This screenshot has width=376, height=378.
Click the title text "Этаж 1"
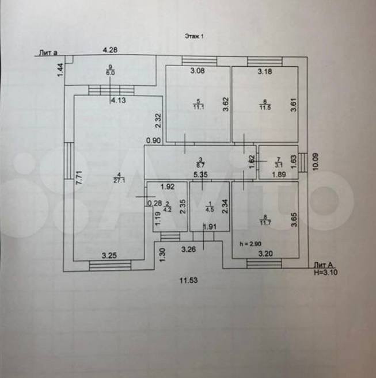(194, 36)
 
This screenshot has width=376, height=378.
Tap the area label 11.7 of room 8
(264, 223)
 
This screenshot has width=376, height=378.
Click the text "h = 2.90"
(250, 244)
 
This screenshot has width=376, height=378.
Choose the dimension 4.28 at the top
(110, 50)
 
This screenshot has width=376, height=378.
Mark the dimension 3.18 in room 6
(264, 71)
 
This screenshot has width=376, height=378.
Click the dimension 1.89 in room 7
(279, 174)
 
